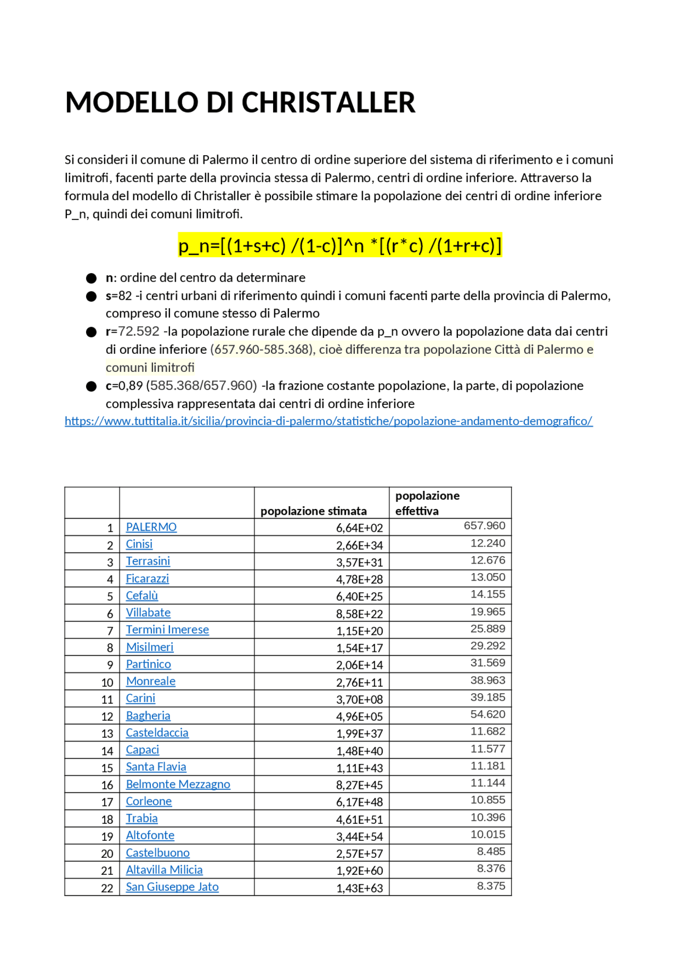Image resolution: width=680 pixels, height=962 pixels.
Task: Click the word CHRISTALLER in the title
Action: coord(328,103)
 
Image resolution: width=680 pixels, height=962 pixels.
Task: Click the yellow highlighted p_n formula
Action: coord(339,246)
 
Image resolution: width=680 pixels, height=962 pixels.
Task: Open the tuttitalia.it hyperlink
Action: coord(328,421)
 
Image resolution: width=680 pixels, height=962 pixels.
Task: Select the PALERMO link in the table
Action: coord(151,527)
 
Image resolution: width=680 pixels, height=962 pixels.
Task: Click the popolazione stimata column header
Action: coord(313,511)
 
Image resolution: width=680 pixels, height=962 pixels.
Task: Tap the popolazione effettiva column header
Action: coord(427,503)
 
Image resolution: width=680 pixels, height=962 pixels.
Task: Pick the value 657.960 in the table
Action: coord(484,526)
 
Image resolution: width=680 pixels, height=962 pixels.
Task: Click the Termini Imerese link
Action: coord(167,629)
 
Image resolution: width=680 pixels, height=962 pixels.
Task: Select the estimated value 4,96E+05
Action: coord(359,717)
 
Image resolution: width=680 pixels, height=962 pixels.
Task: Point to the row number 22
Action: coord(107,888)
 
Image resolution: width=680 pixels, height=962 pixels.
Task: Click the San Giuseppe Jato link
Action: coord(172,887)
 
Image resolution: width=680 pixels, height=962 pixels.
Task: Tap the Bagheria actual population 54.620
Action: coord(487,714)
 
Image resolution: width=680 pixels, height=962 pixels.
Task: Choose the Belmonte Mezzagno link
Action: coord(178,784)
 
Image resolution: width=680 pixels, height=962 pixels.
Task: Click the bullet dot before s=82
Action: coord(91,296)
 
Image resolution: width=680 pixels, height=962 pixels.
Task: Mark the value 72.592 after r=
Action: coord(139,331)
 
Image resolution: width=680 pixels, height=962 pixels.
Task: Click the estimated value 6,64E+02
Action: coord(359,528)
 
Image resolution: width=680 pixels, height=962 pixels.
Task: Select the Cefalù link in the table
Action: coord(142,595)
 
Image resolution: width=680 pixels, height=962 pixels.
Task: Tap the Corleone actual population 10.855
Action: coord(487,800)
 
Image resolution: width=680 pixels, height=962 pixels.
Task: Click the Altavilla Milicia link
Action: coord(164,870)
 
